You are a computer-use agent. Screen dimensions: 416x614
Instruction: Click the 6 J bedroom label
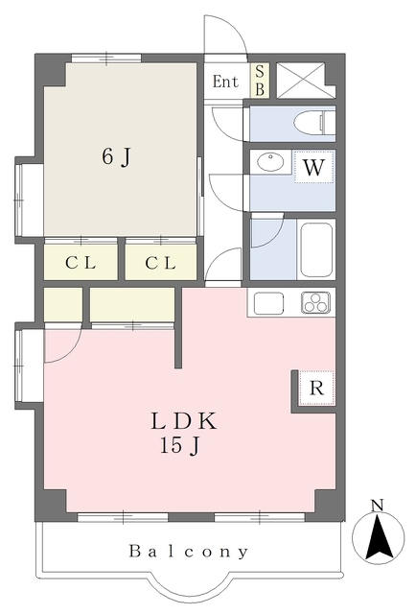[x=116, y=157]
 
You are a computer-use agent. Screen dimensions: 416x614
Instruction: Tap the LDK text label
[x=183, y=421]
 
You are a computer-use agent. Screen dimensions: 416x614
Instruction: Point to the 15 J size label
[x=179, y=445]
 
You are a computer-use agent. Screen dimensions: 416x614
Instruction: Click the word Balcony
[x=189, y=552]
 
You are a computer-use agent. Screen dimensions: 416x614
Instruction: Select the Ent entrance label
[x=225, y=82]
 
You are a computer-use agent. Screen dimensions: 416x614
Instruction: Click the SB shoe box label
[x=260, y=81]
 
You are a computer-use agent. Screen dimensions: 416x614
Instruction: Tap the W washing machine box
[x=313, y=167]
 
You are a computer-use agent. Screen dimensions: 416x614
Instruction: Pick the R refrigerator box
[x=316, y=388]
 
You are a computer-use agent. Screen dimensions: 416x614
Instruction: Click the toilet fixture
[x=314, y=122]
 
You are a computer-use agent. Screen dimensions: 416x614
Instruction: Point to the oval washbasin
[x=271, y=162]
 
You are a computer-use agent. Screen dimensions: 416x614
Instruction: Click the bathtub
[x=316, y=249]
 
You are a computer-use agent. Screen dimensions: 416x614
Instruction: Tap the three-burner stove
[x=315, y=303]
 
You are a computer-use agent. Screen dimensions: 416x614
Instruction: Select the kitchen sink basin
[x=268, y=303]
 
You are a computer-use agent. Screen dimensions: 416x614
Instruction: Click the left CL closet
[x=81, y=262]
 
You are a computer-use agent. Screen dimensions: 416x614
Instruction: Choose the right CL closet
[x=160, y=262]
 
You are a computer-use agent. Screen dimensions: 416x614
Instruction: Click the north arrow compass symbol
[x=379, y=536]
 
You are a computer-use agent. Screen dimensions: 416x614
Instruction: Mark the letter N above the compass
[x=378, y=506]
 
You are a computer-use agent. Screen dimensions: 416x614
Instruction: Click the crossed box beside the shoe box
[x=301, y=80]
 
